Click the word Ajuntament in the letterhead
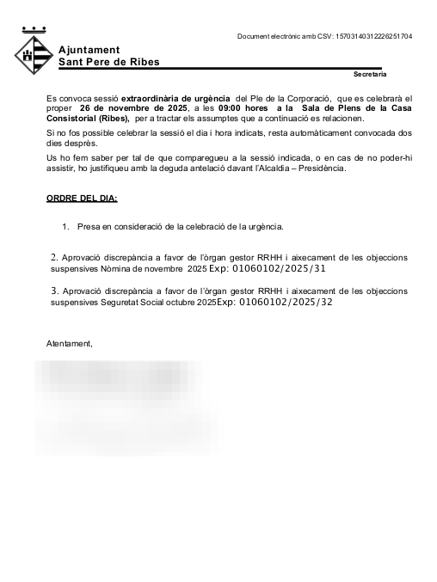pos(89,50)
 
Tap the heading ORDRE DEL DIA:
pos(82,199)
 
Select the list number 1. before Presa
pos(65,227)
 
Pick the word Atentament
pos(70,344)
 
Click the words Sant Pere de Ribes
pos(108,62)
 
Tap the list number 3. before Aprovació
pos(54,291)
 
